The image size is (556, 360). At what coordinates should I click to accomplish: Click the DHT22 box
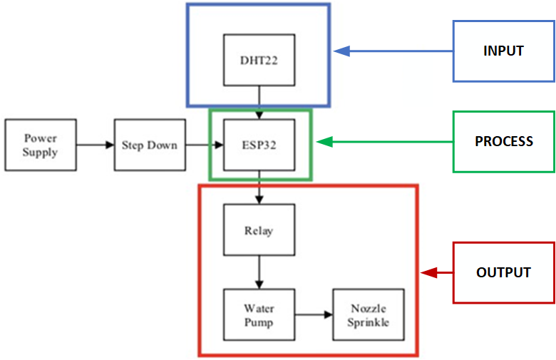click(x=259, y=59)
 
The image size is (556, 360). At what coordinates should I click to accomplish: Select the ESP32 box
click(x=259, y=145)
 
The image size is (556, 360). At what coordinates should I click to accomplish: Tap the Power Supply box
click(x=40, y=145)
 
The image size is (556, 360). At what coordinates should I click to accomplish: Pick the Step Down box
click(x=150, y=145)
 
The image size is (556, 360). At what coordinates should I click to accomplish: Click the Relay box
click(x=259, y=230)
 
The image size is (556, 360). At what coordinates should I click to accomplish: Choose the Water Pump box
click(x=259, y=315)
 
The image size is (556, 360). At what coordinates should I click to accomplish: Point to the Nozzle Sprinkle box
click(x=369, y=315)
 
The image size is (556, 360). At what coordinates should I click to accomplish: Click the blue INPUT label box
click(x=503, y=51)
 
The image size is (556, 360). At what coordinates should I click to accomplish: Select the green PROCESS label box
click(x=503, y=141)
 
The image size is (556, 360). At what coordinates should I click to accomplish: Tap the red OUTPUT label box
click(x=503, y=272)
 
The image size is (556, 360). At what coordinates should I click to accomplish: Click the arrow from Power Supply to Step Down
click(x=95, y=145)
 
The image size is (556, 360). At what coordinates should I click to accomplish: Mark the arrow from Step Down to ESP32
click(x=205, y=145)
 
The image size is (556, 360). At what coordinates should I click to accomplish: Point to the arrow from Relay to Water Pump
click(x=259, y=272)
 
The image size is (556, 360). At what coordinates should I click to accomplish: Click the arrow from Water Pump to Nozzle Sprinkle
click(x=314, y=314)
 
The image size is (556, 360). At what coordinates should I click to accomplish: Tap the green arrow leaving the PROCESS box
click(x=385, y=142)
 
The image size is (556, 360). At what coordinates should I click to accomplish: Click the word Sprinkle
click(x=369, y=322)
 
